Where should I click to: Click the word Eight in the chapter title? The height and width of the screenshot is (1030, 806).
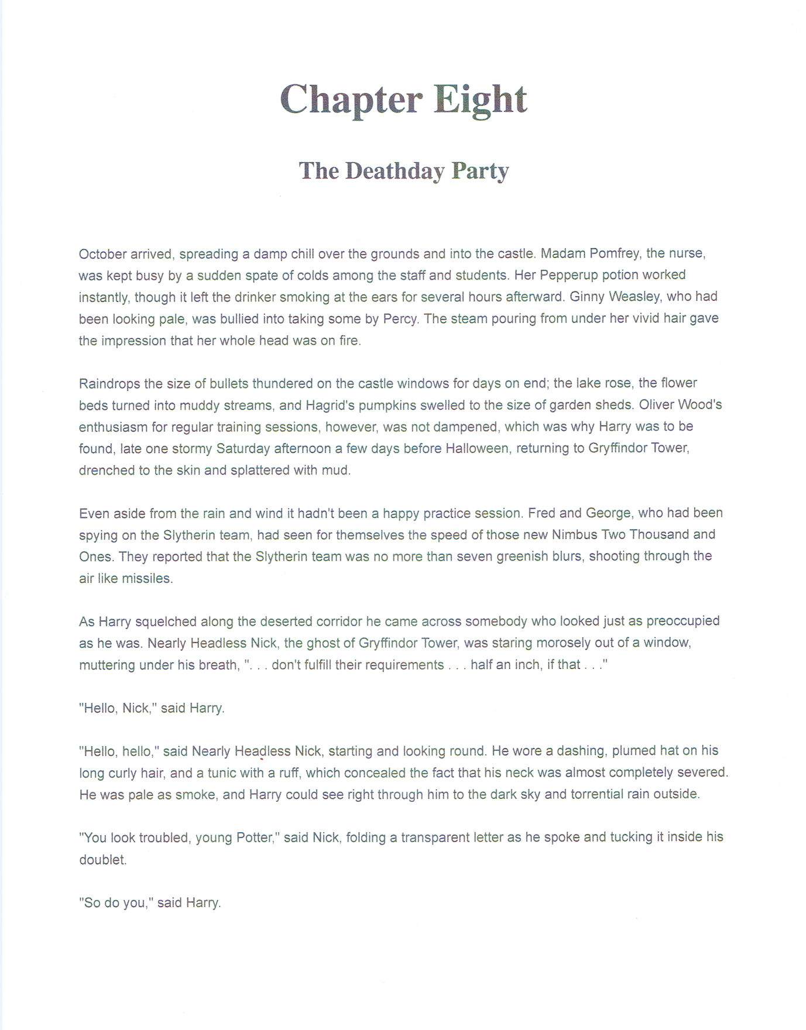coord(480,99)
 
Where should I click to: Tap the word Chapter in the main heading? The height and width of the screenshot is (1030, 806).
coord(351,99)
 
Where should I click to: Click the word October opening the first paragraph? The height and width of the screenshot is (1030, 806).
coord(102,255)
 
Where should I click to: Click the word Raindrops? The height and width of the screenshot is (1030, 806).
coord(109,384)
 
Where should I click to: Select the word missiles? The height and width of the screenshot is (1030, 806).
coord(147,579)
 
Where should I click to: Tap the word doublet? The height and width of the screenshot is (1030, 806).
coord(102,860)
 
